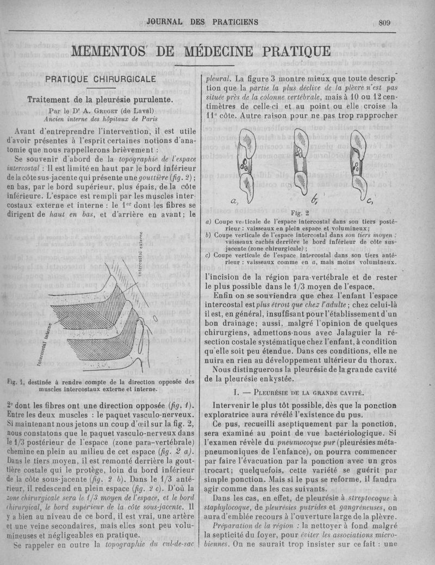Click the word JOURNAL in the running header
pyautogui.click(x=166, y=22)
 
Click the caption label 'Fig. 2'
pyautogui.click(x=300, y=213)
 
